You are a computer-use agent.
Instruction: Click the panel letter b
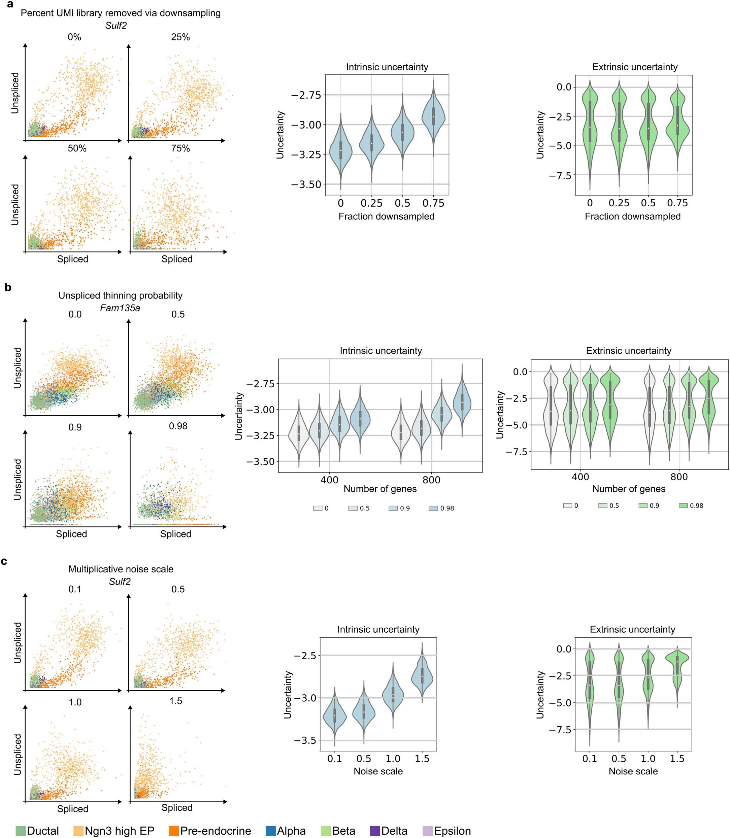pos(8,287)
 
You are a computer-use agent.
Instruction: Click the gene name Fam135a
pos(120,308)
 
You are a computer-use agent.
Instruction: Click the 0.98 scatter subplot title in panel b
pos(178,426)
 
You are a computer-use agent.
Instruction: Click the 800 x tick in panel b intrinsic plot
pos(431,480)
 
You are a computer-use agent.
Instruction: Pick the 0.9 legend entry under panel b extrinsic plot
pos(649,505)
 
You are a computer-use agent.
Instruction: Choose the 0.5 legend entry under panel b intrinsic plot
pos(359,508)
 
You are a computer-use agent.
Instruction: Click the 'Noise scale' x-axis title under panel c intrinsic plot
pos(378,771)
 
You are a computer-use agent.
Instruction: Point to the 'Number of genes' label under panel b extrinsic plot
pos(629,489)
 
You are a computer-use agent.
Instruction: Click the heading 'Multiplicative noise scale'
pos(121,569)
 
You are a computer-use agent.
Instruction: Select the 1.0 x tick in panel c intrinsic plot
pos(393,759)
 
